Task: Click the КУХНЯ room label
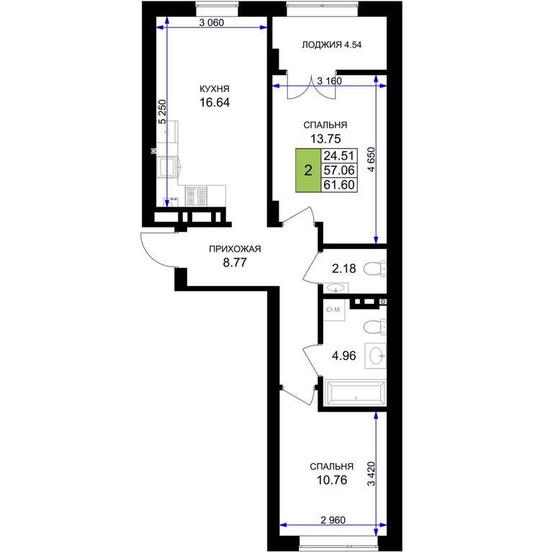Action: [x=215, y=88]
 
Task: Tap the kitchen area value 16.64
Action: [x=215, y=102]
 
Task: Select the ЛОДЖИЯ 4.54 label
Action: [x=331, y=45]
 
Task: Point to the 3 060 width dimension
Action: [x=212, y=23]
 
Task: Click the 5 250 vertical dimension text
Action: [x=162, y=112]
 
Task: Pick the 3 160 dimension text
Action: [x=329, y=81]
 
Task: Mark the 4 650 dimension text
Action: [x=372, y=159]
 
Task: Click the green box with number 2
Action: [x=308, y=171]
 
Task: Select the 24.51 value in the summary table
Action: [x=339, y=156]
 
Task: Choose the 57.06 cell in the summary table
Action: [x=339, y=171]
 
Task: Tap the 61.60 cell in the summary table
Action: [x=339, y=185]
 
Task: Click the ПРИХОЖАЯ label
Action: [x=235, y=249]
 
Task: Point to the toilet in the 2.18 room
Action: [x=374, y=269]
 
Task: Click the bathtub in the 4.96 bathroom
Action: [x=355, y=391]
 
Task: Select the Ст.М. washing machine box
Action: [x=333, y=310]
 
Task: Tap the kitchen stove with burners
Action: [x=197, y=196]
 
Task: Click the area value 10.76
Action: [x=332, y=480]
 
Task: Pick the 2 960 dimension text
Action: [x=333, y=520]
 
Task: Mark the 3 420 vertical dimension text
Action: [x=372, y=474]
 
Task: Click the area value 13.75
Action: [x=325, y=139]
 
